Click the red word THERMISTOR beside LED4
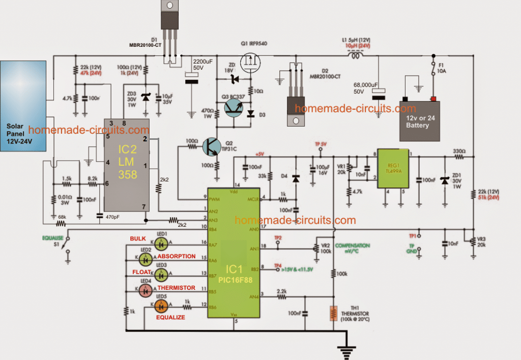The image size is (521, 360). tap(176, 288)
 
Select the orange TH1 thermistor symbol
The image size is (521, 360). tap(333, 313)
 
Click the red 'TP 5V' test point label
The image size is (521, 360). tap(321, 144)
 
